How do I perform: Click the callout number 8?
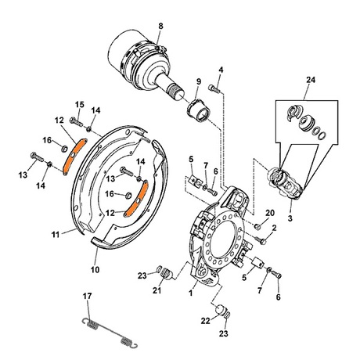(x=160, y=26)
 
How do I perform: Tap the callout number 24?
(x=311, y=80)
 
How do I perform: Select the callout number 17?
(x=88, y=296)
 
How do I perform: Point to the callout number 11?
(x=56, y=235)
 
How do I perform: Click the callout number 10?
(x=95, y=269)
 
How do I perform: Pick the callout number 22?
(x=206, y=321)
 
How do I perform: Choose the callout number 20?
(x=270, y=213)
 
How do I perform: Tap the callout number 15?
(x=80, y=105)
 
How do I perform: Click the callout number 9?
(x=199, y=81)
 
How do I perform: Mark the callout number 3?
(x=290, y=218)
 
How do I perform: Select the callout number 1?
(x=191, y=293)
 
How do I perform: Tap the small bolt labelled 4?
(x=214, y=88)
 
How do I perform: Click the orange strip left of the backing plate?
(x=74, y=157)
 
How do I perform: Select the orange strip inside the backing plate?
(x=136, y=199)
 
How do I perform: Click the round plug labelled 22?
(x=221, y=310)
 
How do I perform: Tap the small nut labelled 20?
(x=257, y=226)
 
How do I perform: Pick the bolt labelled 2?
(x=261, y=239)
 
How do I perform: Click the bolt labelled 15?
(x=76, y=121)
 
